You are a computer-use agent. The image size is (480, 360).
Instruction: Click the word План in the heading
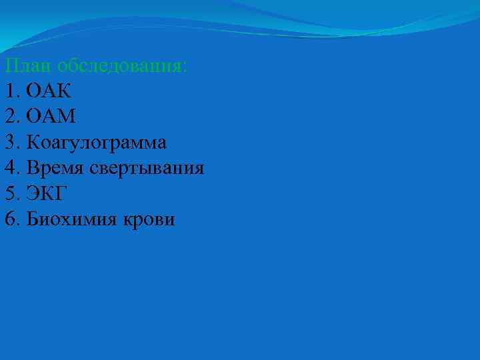pos(27,66)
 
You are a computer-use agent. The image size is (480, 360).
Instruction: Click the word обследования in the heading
pos(121,66)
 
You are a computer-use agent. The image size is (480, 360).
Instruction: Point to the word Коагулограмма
pos(97,143)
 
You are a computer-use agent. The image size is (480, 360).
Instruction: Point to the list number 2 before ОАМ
pos(9,117)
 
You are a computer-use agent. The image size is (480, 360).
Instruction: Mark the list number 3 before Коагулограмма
pos(9,143)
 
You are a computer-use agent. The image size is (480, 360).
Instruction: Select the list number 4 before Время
pos(9,168)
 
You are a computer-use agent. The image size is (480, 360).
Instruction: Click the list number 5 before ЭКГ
pos(9,193)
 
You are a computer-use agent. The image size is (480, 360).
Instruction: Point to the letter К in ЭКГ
pos(48,193)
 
